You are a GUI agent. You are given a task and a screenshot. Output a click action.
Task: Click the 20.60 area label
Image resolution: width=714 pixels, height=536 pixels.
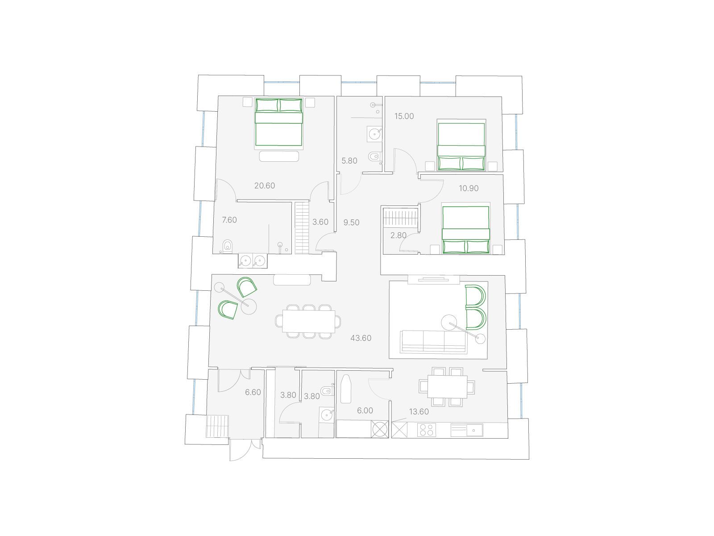click(265, 186)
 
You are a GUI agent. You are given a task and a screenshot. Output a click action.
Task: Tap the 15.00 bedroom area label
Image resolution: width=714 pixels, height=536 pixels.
click(404, 116)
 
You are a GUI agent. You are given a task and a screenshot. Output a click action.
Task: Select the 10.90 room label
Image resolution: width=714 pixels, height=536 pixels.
click(469, 188)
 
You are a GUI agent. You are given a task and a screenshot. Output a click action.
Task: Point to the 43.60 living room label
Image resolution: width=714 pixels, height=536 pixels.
click(361, 338)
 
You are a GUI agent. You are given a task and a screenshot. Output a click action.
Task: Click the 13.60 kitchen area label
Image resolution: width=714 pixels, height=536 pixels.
click(419, 412)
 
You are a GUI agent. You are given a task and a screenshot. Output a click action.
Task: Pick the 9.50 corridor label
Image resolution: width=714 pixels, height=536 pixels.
click(351, 222)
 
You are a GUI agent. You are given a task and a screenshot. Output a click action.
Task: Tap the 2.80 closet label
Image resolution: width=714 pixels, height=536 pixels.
click(398, 235)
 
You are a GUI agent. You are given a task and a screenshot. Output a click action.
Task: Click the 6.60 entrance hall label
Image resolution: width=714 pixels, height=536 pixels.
click(253, 393)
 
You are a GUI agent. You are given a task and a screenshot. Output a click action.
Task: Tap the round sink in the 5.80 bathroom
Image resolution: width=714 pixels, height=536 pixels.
click(375, 134)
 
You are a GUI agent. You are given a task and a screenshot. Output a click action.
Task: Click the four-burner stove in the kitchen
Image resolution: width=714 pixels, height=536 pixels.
click(427, 430)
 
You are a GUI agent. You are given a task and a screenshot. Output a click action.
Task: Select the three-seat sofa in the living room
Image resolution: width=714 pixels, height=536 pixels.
click(434, 341)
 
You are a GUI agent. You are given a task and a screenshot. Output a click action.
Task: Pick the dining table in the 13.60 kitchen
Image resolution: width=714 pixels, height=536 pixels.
click(447, 387)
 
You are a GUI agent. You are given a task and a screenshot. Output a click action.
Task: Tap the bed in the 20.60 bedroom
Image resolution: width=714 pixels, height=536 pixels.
click(279, 122)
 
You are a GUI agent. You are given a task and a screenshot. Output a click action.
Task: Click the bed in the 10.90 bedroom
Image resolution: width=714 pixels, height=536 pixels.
click(466, 230)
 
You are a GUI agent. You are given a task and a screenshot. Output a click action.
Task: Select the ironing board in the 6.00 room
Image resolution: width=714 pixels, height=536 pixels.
click(345, 389)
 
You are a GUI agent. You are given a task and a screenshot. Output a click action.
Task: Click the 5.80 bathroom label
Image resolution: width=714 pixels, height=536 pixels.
click(349, 161)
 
